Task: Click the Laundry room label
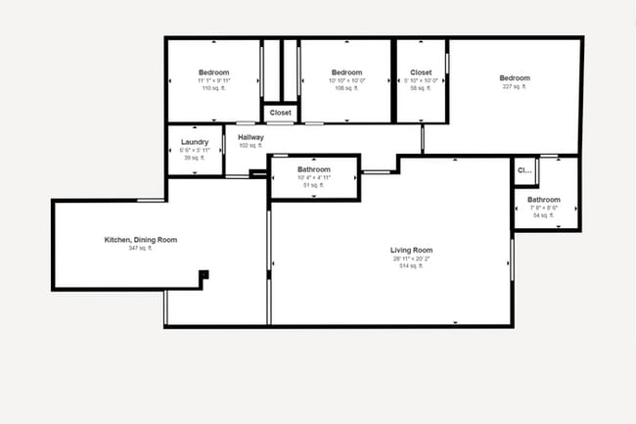[x=195, y=141]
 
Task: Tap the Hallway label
[x=250, y=137]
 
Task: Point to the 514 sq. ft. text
[x=410, y=266]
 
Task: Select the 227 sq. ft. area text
[x=514, y=87]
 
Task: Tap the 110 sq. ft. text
[x=213, y=88]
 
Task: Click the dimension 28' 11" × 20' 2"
[x=410, y=259]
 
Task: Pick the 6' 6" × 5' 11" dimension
[x=195, y=150]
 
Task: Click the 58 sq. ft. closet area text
[x=421, y=88]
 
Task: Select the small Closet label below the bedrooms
[x=281, y=113]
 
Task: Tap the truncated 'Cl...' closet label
[x=524, y=170]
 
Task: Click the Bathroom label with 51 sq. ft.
[x=314, y=169]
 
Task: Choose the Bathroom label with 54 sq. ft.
[x=544, y=200]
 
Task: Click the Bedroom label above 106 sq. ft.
[x=346, y=72]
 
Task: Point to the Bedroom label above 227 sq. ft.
[x=514, y=78]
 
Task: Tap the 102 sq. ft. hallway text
[x=250, y=146]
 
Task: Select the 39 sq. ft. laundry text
[x=195, y=158]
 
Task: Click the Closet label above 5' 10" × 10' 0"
[x=421, y=72]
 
